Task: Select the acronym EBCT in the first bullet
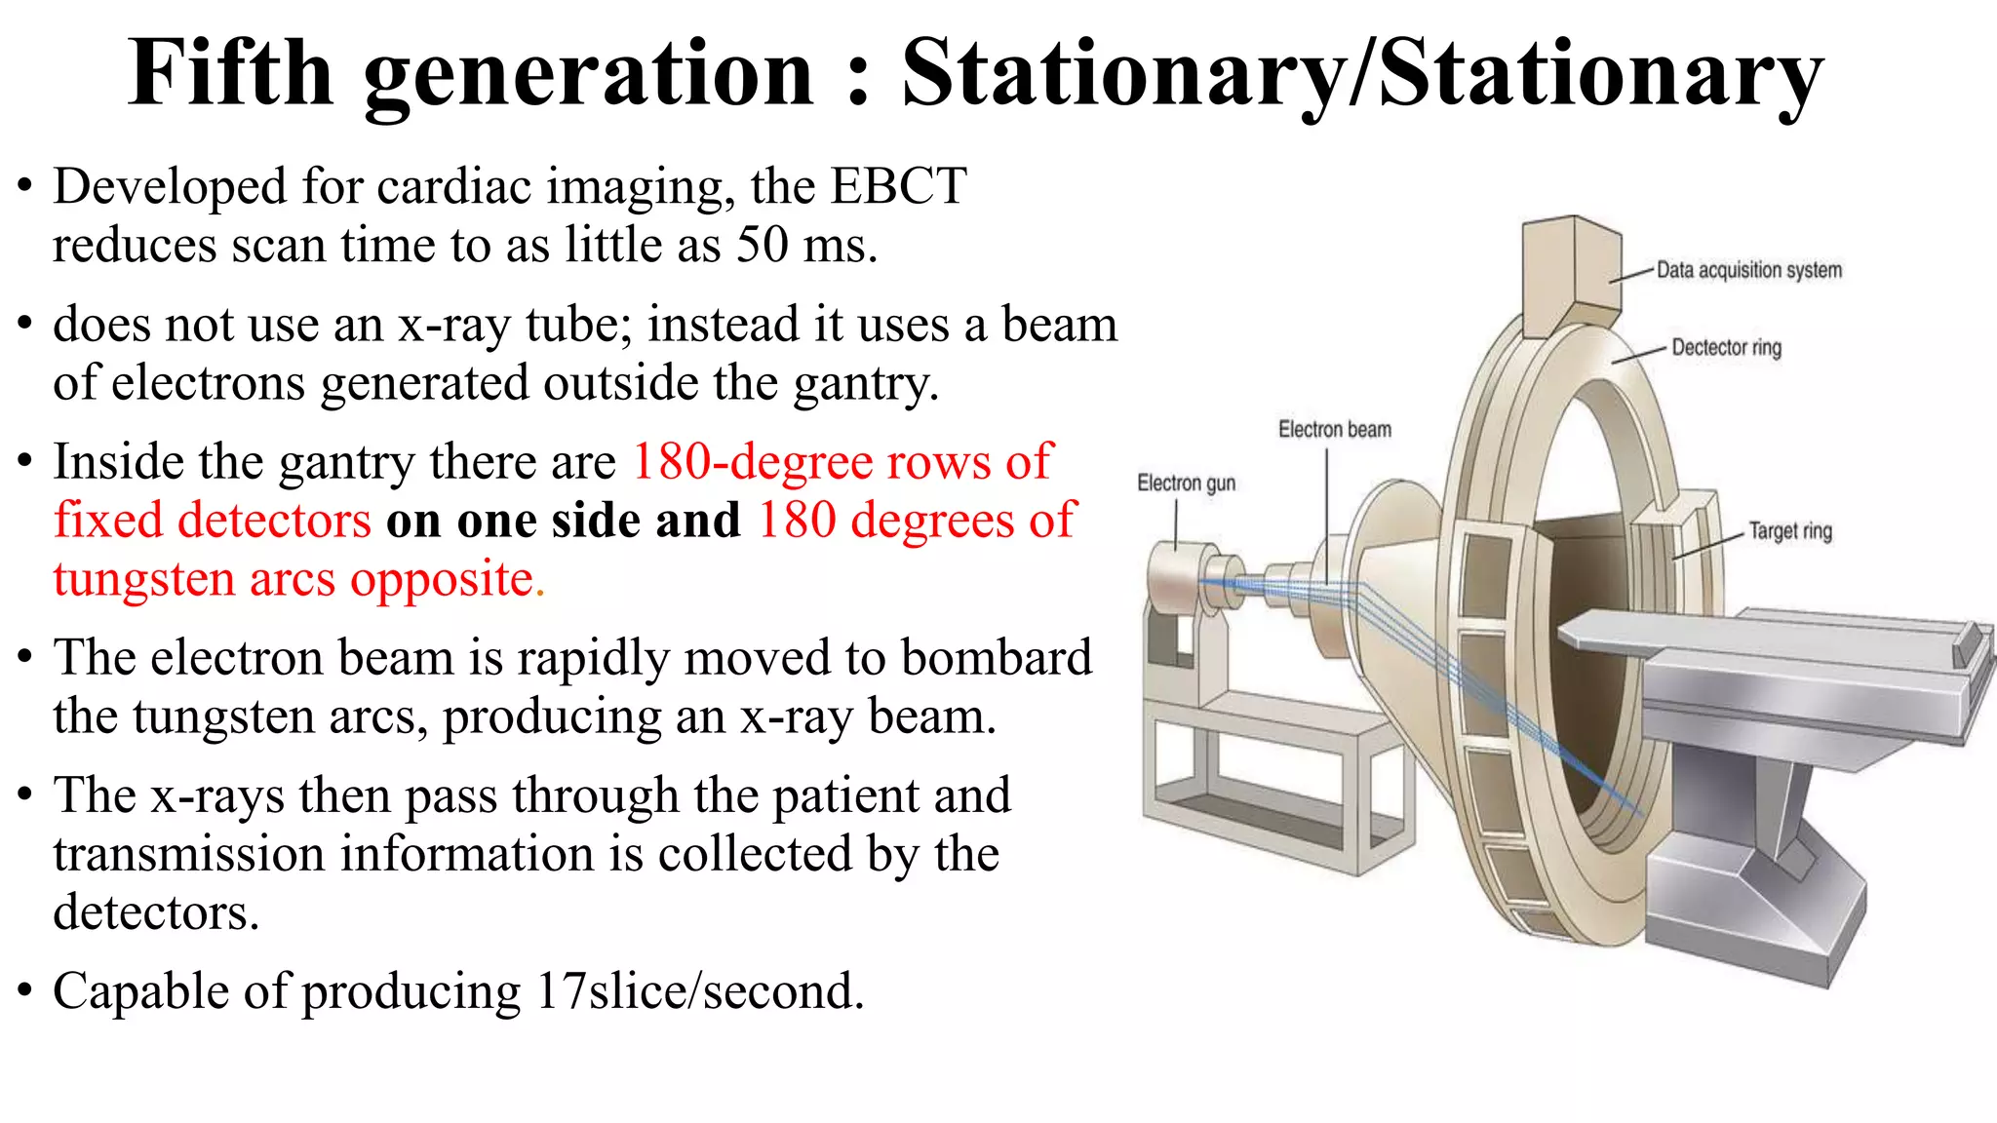pos(897,186)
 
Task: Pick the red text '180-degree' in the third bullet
pos(750,462)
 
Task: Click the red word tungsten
pos(144,580)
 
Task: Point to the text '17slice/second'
pos(699,991)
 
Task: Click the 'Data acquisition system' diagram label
pos(1749,270)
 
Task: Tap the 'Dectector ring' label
pos(1726,348)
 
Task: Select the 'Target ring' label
pos(1790,531)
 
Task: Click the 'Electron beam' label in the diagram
pos(1335,430)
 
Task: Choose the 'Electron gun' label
pos(1186,484)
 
